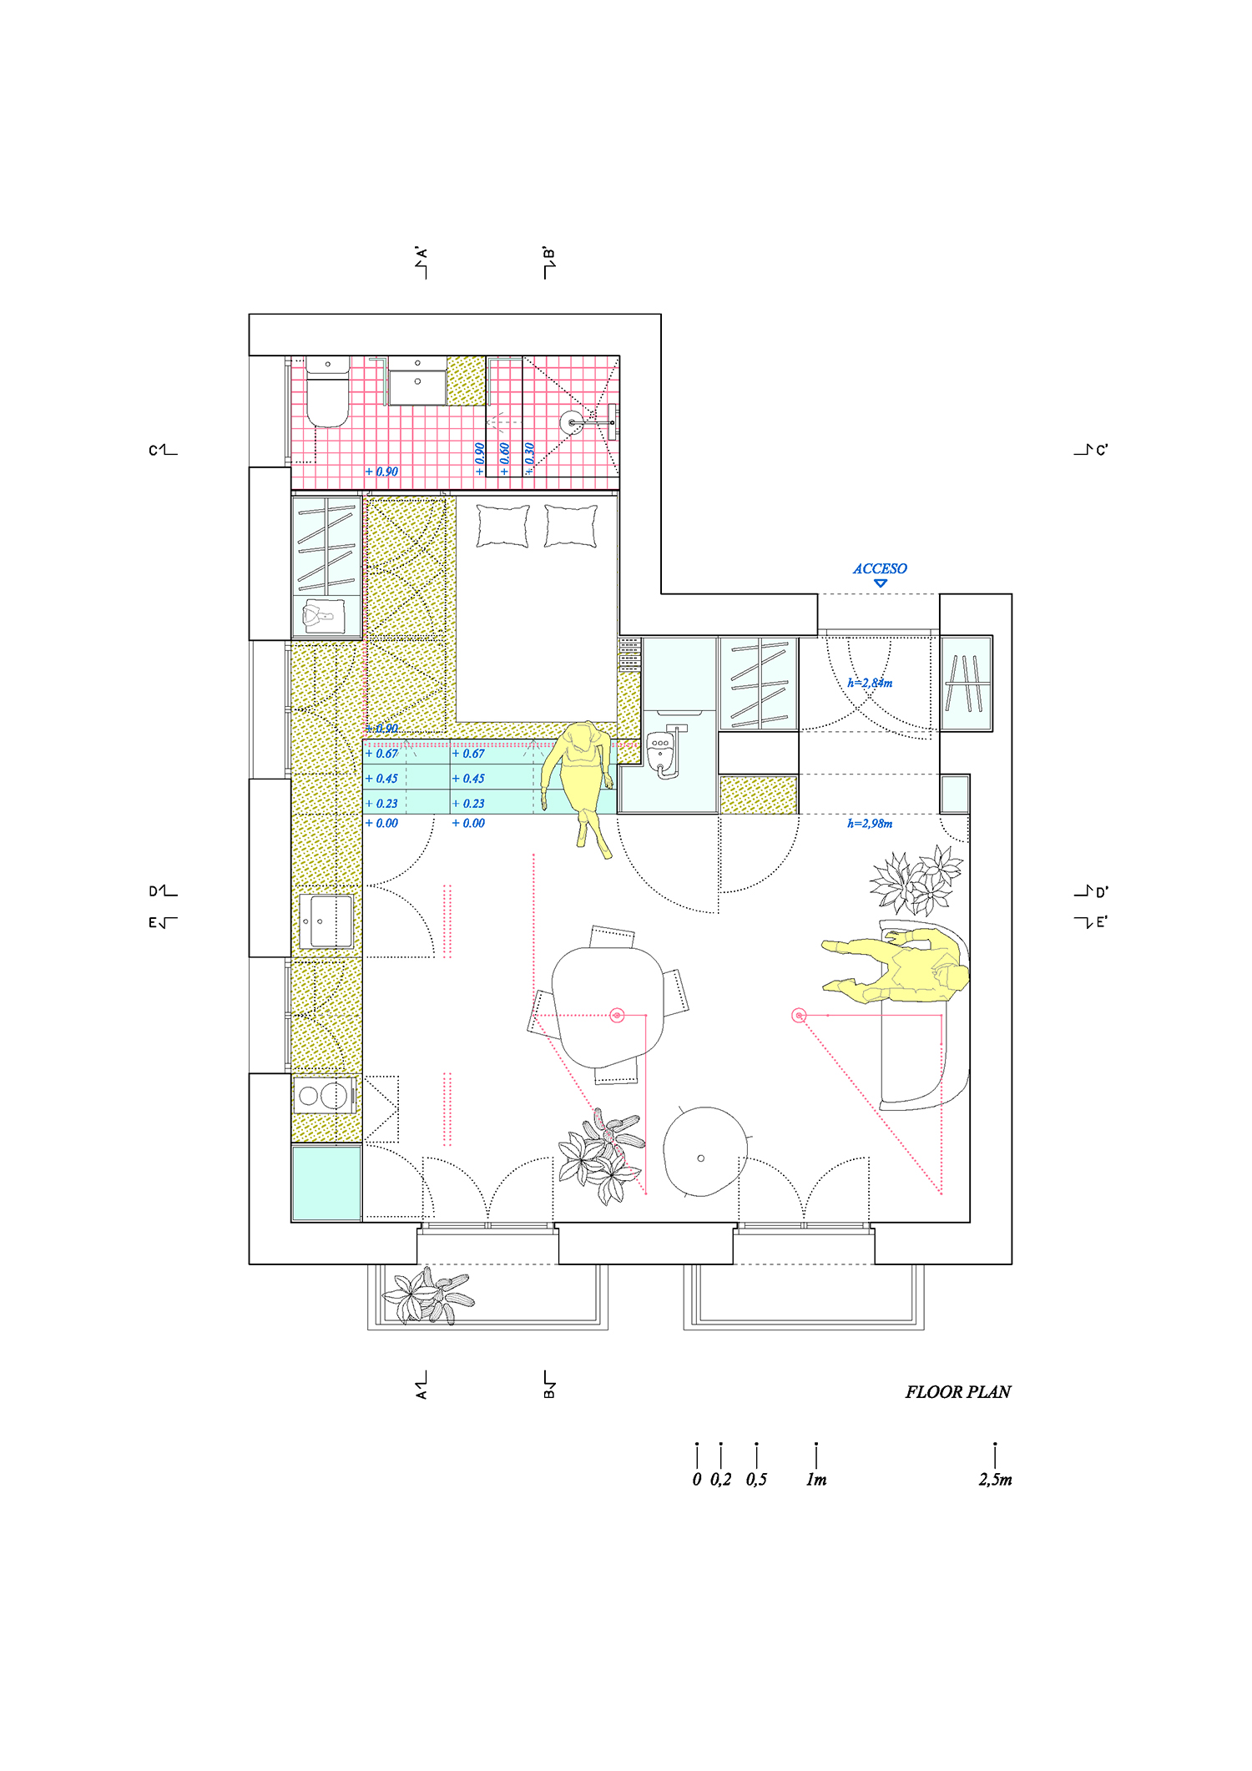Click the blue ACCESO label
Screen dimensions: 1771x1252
[880, 569]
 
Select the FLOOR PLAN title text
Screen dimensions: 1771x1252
[957, 1392]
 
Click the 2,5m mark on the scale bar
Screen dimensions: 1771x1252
[995, 1480]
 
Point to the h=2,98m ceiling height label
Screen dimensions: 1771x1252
[870, 824]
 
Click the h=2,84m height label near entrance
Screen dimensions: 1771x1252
[870, 683]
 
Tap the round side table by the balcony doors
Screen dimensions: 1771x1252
[704, 1152]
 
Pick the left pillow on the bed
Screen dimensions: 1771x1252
[502, 526]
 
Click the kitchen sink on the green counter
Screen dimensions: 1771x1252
[326, 921]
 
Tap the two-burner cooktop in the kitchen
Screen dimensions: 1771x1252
[324, 1095]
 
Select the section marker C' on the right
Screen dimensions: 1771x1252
[1092, 450]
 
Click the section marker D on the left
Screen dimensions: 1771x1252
[162, 891]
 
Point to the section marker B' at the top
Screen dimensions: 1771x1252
[548, 262]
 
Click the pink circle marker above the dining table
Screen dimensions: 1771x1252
[617, 1015]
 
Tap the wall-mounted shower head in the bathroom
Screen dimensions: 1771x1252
[573, 422]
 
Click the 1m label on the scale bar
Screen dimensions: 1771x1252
[815, 1480]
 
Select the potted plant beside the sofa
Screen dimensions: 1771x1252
[916, 881]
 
